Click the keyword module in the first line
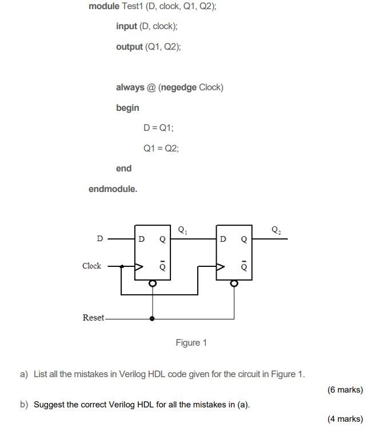pyautogui.click(x=104, y=6)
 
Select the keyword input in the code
pyautogui.click(x=126, y=26)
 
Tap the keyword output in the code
pyautogui.click(x=129, y=47)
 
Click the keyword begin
pyautogui.click(x=127, y=108)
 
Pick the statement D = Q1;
pyautogui.click(x=154, y=128)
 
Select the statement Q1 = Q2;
pyautogui.click(x=161, y=149)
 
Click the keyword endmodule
pyautogui.click(x=113, y=189)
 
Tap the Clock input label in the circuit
pyautogui.click(x=91, y=266)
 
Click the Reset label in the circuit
pyautogui.click(x=94, y=318)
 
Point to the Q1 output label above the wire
pyautogui.click(x=182, y=231)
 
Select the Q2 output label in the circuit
pyautogui.click(x=276, y=231)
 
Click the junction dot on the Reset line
pyautogui.click(x=152, y=318)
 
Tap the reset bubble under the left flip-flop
pyautogui.click(x=152, y=283)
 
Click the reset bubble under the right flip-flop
pyautogui.click(x=233, y=283)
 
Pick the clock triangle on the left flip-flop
pyautogui.click(x=138, y=266)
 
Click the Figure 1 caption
pyautogui.click(x=191, y=343)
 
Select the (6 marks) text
pyautogui.click(x=345, y=390)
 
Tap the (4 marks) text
pyautogui.click(x=345, y=419)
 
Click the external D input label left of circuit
pyautogui.click(x=99, y=239)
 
